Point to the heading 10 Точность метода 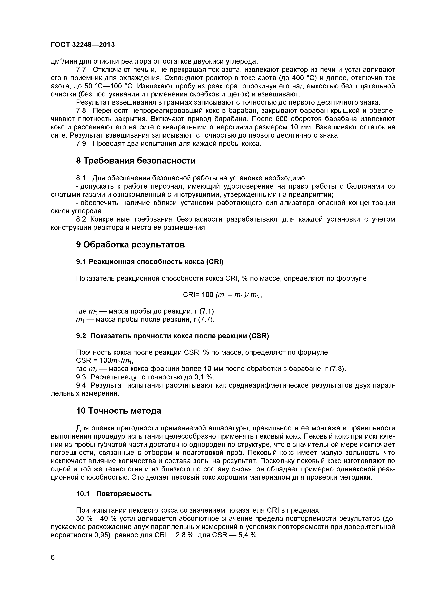point(119,411)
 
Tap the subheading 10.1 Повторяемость point(114,494)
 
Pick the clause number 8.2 point(81,219)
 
